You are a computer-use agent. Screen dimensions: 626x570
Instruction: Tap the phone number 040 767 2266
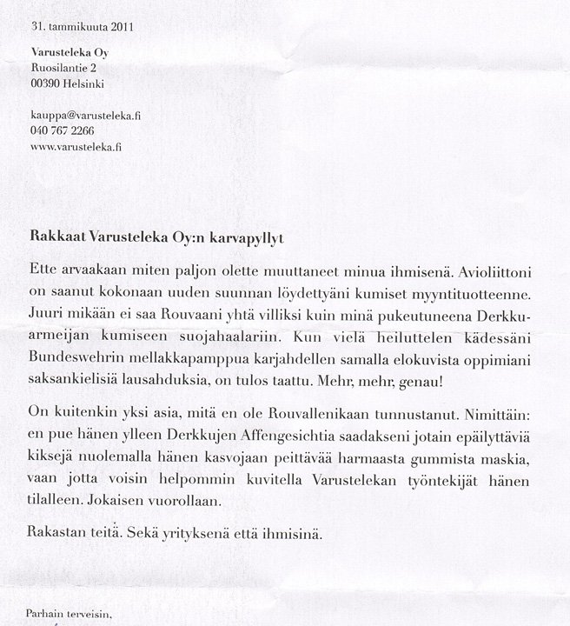[62, 130]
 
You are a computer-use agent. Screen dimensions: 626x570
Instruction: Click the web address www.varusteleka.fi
[76, 147]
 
